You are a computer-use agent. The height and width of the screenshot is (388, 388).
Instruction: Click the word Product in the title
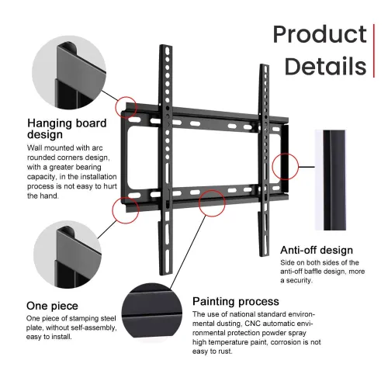(320, 35)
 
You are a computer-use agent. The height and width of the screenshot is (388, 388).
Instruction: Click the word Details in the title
(326, 66)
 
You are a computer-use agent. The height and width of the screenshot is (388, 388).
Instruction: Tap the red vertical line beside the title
(374, 50)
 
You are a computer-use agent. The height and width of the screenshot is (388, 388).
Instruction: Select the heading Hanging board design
(67, 129)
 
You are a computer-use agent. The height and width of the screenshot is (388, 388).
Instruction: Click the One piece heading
(52, 306)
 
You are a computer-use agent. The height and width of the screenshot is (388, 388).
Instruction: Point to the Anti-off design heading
(317, 250)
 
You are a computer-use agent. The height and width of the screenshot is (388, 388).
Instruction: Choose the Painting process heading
(236, 302)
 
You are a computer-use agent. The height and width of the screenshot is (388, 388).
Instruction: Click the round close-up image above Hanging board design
(69, 72)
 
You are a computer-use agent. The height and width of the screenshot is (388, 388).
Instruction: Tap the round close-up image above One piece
(68, 255)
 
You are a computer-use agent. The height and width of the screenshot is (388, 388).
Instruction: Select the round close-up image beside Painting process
(152, 310)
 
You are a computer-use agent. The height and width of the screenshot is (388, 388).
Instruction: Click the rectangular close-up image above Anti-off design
(331, 180)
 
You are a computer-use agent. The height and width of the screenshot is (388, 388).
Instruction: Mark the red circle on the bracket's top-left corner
(126, 108)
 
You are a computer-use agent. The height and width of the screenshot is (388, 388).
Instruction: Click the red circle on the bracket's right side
(286, 166)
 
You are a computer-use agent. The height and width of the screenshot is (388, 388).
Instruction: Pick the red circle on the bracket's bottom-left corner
(126, 210)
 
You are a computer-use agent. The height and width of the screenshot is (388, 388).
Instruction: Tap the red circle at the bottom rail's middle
(212, 203)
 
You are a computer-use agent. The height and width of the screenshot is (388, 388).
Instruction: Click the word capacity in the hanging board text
(42, 177)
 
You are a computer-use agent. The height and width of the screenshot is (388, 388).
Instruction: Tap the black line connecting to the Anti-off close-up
(307, 167)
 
